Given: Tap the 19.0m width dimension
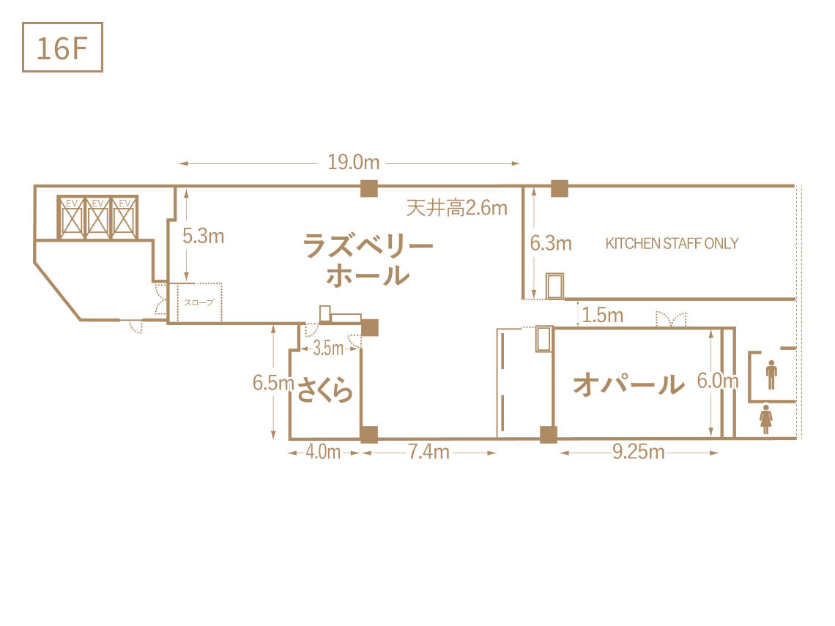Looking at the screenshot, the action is tap(354, 163).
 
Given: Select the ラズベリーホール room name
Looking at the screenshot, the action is tap(368, 261).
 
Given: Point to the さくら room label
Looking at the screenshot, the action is tap(324, 390).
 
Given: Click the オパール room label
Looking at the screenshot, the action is tap(629, 384).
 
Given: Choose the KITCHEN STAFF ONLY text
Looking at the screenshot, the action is tap(672, 243).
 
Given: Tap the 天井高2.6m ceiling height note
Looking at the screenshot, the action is tap(457, 208).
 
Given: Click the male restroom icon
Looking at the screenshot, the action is tap(771, 375).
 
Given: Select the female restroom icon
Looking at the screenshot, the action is tap(765, 420).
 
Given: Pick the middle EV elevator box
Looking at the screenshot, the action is tap(98, 217).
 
